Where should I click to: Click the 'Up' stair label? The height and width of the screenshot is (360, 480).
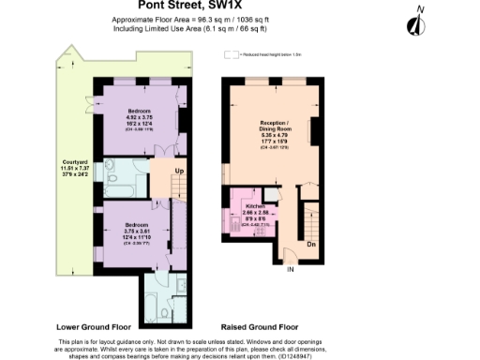179,170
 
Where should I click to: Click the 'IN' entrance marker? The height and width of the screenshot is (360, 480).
290,270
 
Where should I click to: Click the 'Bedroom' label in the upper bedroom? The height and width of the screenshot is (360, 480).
138,111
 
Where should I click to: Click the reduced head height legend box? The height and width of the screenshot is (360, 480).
230,55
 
